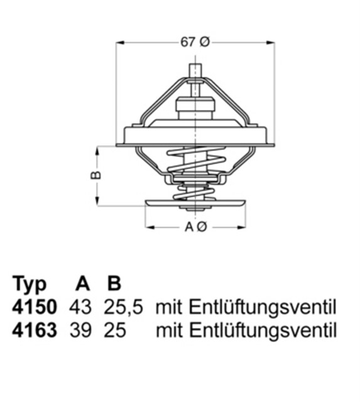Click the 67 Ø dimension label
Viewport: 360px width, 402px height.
(195, 43)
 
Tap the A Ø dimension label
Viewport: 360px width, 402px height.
(195, 227)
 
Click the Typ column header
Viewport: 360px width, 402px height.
(30, 285)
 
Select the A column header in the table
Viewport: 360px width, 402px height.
(82, 285)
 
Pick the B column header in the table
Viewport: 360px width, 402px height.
(114, 285)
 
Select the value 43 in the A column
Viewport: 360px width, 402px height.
(81, 307)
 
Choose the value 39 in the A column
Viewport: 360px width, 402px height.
(81, 330)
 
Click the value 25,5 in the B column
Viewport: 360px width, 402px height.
(123, 307)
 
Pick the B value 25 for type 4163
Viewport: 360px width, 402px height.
(115, 330)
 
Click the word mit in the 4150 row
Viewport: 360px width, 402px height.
(168, 307)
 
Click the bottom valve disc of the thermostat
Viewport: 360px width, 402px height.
(195, 204)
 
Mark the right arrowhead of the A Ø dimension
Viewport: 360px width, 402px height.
(243, 227)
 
